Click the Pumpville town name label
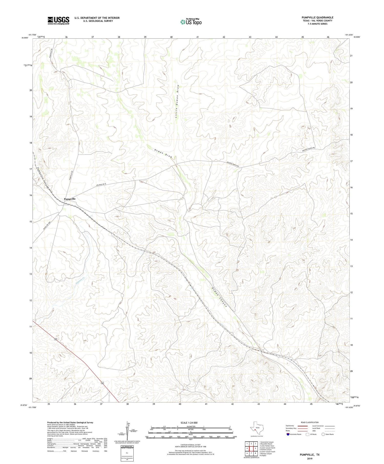(70, 199)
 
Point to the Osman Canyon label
(219, 298)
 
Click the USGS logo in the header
(58, 20)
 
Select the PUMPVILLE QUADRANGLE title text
(317, 17)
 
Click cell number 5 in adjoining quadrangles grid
(255, 448)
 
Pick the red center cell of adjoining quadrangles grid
(251, 448)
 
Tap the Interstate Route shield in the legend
(288, 434)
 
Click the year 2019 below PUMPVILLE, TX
(310, 458)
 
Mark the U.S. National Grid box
(127, 454)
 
